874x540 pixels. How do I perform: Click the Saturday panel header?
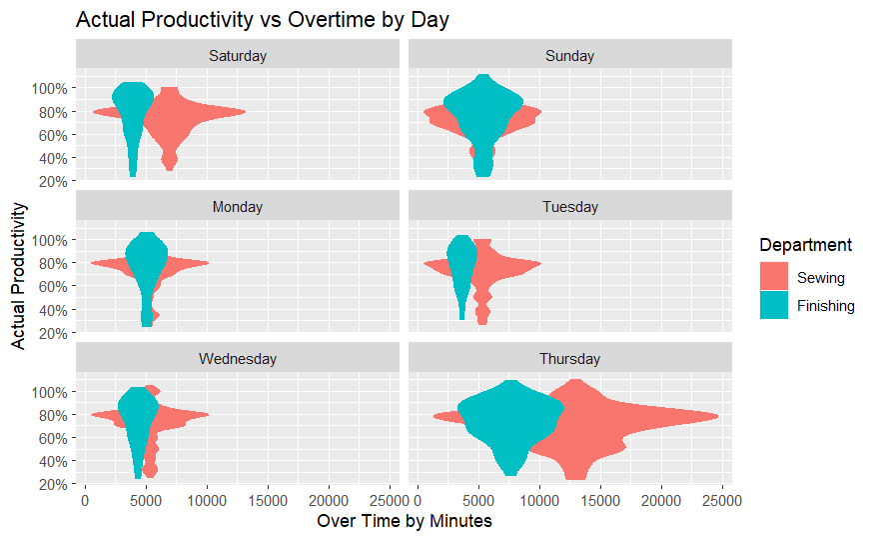point(238,56)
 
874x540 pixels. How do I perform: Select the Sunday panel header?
point(570,56)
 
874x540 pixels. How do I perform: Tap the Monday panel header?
point(238,207)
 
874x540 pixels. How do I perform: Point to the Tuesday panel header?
point(570,207)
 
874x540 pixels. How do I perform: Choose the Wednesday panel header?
point(238,358)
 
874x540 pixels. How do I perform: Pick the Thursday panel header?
point(570,358)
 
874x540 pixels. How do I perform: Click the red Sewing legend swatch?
point(775,278)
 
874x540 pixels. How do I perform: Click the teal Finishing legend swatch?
point(775,306)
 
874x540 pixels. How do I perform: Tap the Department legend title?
point(805,245)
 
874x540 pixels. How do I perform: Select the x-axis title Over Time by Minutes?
point(405,521)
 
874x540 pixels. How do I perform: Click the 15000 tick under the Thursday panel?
point(601,497)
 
